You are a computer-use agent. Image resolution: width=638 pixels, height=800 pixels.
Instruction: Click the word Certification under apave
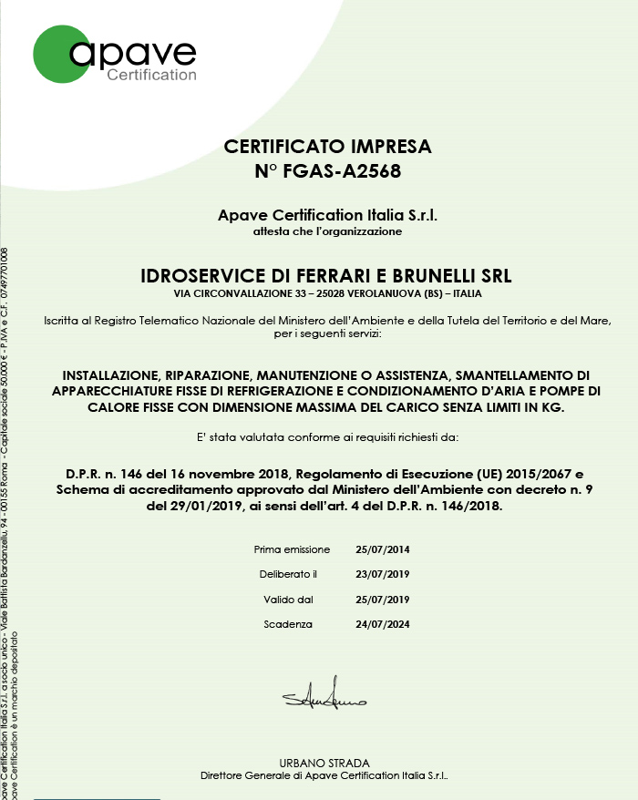[x=152, y=75]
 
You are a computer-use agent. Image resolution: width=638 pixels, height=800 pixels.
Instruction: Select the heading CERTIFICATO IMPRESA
[x=328, y=146]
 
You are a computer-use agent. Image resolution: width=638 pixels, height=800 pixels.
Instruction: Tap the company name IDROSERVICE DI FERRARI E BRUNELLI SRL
[x=328, y=275]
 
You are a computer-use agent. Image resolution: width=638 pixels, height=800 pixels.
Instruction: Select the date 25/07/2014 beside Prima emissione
[x=383, y=550]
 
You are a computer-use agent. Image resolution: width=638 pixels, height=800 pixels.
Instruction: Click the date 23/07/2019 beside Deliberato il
[x=383, y=575]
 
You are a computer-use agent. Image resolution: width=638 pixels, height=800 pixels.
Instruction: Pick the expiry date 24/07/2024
[x=383, y=624]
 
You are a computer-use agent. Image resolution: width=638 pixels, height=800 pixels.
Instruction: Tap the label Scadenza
[x=288, y=624]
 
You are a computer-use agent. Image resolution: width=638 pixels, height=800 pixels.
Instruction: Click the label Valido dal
[x=288, y=600]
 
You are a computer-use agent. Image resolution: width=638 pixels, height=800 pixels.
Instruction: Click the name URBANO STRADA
[x=324, y=763]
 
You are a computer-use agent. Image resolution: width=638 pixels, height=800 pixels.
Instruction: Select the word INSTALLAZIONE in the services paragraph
[x=111, y=375]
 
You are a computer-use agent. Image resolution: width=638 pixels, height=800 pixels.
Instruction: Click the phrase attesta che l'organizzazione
[x=328, y=231]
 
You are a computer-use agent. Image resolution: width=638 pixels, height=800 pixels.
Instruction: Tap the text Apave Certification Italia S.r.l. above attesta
[x=328, y=216]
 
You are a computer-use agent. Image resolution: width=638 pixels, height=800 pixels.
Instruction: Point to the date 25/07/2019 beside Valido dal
[x=383, y=600]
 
